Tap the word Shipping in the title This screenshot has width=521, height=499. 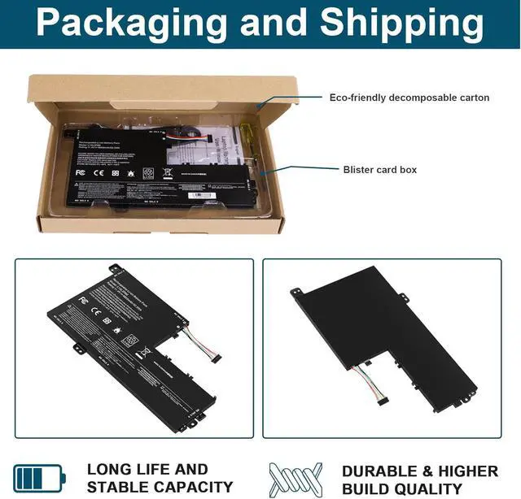tap(402, 24)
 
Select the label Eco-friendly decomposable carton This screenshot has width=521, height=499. tap(409, 98)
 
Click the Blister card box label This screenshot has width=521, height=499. tap(379, 170)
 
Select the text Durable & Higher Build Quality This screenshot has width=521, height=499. tap(419, 479)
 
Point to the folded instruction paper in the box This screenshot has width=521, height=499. tap(204, 150)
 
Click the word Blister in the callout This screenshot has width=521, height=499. tap(360, 170)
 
